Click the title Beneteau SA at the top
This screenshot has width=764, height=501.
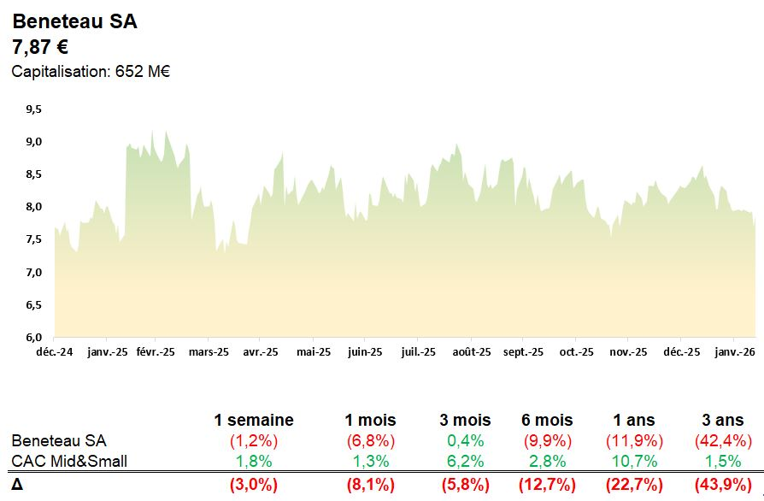click(x=74, y=22)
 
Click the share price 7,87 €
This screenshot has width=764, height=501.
click(x=40, y=47)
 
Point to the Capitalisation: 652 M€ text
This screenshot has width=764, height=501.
click(x=91, y=72)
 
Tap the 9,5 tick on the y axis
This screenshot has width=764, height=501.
click(x=33, y=109)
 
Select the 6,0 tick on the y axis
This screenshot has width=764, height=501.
click(x=33, y=337)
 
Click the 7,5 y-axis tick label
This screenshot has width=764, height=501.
click(x=33, y=239)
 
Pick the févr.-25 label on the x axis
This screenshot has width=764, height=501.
click(x=155, y=351)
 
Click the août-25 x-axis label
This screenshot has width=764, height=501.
click(x=472, y=351)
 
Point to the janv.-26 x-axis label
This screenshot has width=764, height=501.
click(x=734, y=351)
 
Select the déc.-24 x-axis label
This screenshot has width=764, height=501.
click(x=55, y=351)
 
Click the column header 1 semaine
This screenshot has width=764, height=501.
click(x=254, y=420)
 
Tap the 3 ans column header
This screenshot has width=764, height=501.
click(x=723, y=420)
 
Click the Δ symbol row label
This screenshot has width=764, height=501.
click(x=17, y=485)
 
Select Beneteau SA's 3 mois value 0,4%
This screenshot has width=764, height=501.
click(x=465, y=441)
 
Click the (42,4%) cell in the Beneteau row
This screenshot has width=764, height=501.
click(x=723, y=441)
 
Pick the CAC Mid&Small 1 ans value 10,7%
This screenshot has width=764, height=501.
click(x=634, y=462)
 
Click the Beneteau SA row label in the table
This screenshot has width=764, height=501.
click(x=59, y=441)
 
